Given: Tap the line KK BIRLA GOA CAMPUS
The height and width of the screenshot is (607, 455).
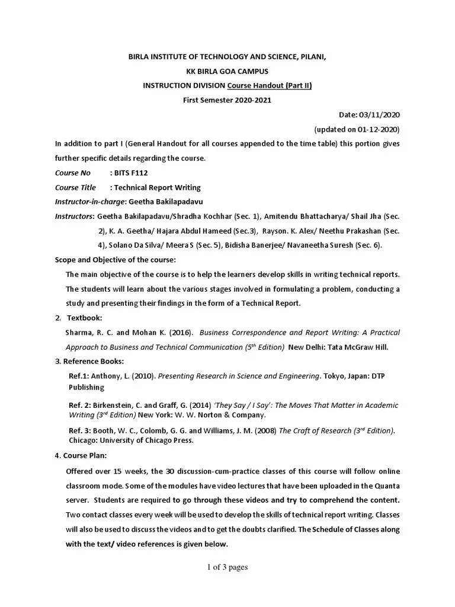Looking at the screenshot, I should [x=227, y=71].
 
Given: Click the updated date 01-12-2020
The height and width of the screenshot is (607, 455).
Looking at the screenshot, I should [x=377, y=129].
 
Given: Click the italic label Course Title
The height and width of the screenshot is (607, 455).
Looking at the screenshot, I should [x=75, y=187].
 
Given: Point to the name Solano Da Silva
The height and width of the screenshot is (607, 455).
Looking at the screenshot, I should [x=135, y=245].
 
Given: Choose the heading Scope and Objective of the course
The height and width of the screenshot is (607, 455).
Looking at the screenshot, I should [x=115, y=260].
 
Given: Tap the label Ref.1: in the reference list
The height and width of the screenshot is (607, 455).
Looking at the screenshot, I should [x=80, y=376].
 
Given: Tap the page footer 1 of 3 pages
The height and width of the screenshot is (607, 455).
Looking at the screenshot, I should [x=227, y=567].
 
